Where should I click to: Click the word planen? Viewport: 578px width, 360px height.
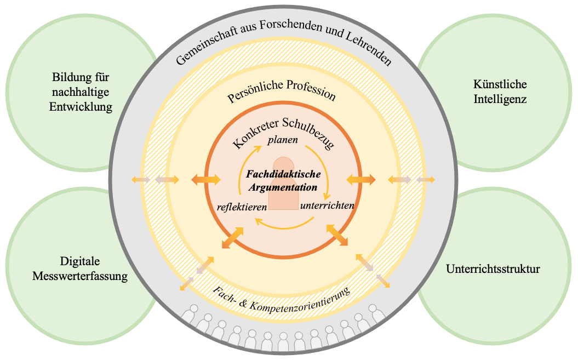(282, 140)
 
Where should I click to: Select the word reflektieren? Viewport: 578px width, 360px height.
(242, 207)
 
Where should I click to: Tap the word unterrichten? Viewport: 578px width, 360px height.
(327, 206)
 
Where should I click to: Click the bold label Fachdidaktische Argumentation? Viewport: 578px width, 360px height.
(283, 180)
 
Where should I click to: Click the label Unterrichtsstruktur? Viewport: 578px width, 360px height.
(493, 269)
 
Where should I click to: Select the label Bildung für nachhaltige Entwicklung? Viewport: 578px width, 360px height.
(82, 92)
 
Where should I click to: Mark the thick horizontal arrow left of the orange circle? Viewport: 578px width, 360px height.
(205, 179)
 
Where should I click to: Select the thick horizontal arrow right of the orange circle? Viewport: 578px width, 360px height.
(361, 179)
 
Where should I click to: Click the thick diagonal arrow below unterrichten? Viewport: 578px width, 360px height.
(337, 235)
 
